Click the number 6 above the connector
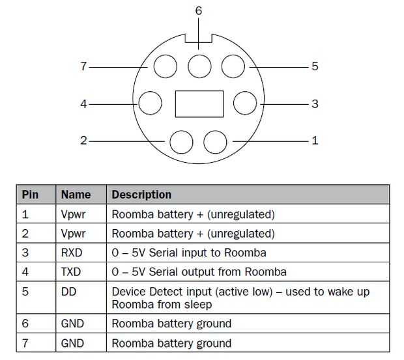(199, 11)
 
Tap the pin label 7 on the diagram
(83, 66)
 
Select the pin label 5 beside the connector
(315, 66)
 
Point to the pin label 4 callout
(83, 103)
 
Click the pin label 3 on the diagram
(315, 103)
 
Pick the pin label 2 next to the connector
(83, 140)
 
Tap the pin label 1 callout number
(315, 140)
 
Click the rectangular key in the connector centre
(199, 104)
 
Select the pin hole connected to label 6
(199, 66)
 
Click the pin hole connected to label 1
(215, 141)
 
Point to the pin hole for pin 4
(151, 103)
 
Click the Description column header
(141, 195)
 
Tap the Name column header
(76, 195)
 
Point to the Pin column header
(30, 195)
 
